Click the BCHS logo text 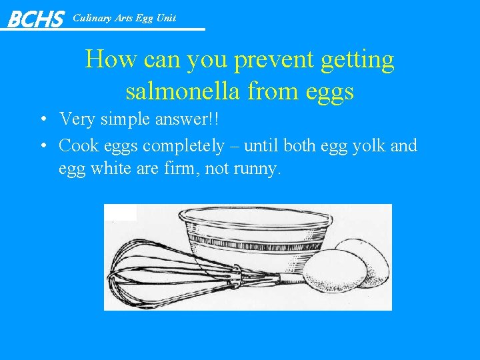(35, 19)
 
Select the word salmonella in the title (181, 91)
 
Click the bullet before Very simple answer (42, 120)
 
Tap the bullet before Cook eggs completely (42, 145)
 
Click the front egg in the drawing (334, 271)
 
